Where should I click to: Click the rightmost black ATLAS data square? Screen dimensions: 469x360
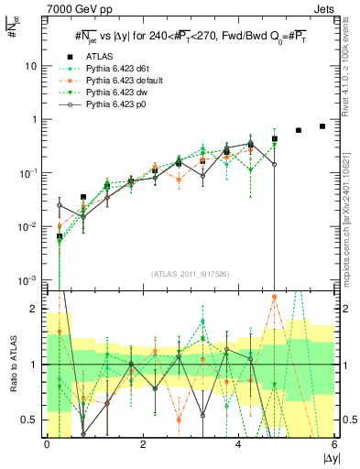tap(322, 126)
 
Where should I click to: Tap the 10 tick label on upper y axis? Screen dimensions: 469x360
tap(31, 66)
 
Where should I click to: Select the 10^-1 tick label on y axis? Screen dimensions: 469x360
tap(27, 172)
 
